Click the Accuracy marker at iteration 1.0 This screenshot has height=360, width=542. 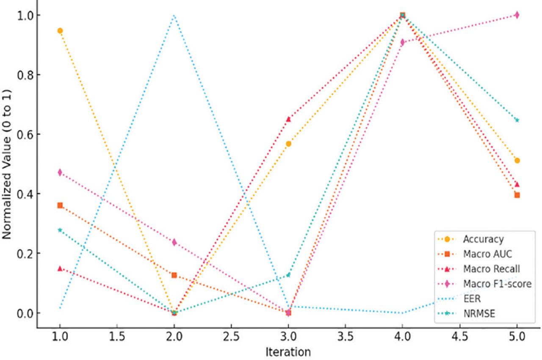(60, 30)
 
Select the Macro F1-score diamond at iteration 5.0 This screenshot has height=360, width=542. (517, 15)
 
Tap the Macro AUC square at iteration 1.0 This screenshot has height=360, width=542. (60, 205)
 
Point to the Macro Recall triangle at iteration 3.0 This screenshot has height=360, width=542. (288, 119)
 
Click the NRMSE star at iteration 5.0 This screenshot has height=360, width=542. (517, 120)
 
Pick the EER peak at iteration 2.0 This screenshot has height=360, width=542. (174, 15)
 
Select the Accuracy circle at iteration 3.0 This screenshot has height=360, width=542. (288, 144)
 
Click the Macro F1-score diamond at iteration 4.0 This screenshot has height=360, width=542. (402, 42)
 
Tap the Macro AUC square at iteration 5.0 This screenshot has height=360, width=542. (517, 195)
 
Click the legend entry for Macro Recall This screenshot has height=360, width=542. (491, 269)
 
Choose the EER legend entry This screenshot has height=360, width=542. (471, 299)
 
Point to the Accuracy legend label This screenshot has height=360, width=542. (483, 239)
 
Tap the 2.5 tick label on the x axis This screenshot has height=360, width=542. (231, 337)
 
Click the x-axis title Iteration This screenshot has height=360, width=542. (288, 352)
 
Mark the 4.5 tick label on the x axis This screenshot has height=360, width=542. (459, 337)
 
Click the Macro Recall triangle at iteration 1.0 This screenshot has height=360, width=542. (60, 268)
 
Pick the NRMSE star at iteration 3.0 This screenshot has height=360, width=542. (288, 275)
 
